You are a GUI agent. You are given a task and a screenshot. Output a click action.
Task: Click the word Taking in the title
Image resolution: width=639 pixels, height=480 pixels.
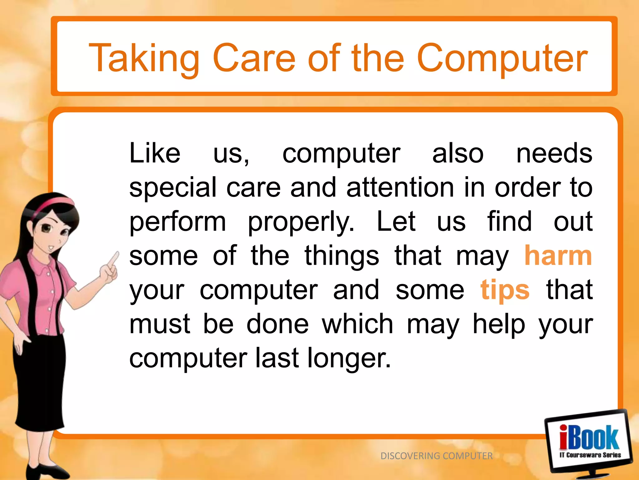tap(144, 59)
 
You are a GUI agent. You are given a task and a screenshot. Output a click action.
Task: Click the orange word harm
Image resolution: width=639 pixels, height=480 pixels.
tap(558, 256)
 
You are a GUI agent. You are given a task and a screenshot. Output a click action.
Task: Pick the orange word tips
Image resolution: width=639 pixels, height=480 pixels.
tap(505, 290)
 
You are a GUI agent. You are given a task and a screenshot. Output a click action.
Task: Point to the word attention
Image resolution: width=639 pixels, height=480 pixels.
tap(400, 187)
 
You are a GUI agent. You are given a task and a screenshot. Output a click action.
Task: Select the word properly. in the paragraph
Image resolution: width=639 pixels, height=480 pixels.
tap(301, 222)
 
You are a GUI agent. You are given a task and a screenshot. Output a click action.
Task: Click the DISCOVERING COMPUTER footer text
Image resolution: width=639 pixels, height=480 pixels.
tap(436, 456)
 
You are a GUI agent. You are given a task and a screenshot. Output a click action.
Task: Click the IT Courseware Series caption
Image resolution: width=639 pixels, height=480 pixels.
tap(590, 455)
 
